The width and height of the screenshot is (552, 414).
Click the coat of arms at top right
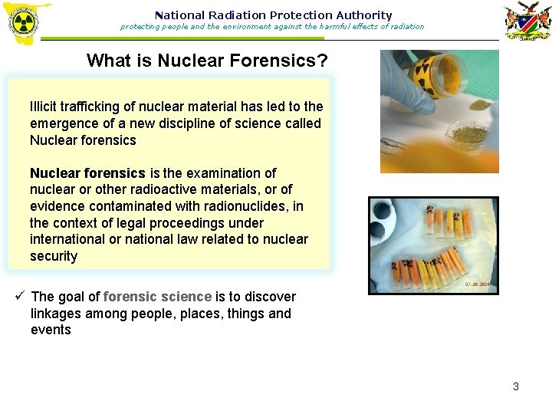(x=526, y=21)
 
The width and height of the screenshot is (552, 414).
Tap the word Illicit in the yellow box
(x=45, y=107)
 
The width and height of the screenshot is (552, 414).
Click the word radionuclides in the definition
(x=252, y=206)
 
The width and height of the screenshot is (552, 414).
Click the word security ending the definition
(x=54, y=256)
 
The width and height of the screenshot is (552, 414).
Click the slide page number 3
(x=516, y=386)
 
